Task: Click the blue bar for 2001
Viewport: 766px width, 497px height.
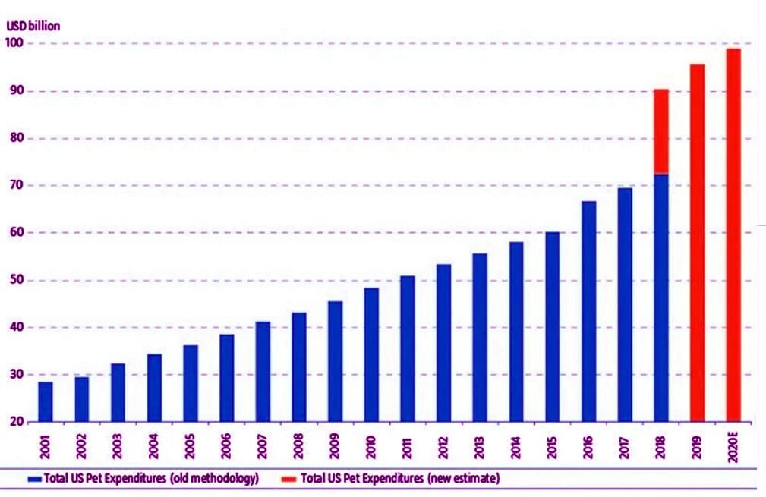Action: coord(46,401)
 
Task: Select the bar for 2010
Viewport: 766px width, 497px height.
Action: coord(371,354)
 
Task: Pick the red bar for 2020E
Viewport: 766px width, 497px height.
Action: coord(733,235)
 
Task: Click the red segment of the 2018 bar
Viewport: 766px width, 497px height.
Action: coord(660,131)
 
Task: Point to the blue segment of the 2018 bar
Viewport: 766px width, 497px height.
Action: coord(660,297)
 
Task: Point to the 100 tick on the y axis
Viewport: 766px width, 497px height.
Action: coord(14,44)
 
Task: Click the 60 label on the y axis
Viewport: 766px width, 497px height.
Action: coord(14,233)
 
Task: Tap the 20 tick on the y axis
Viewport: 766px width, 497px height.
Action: coord(14,422)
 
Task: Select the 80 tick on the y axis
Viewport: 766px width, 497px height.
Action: coord(14,139)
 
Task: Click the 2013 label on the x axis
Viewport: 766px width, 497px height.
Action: coord(480,444)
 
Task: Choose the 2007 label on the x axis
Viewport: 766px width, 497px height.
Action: coord(263,444)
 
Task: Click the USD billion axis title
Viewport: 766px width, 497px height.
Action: coord(33,26)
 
